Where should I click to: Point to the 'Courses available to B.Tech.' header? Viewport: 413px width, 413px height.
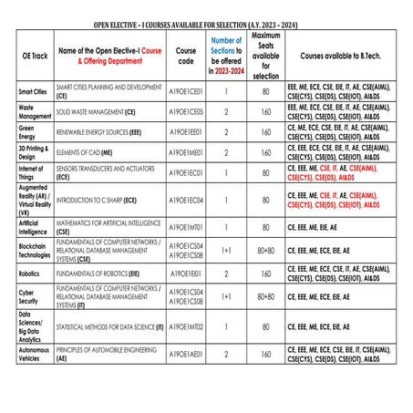tap(340, 56)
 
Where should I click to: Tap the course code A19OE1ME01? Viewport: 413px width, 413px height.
tap(185, 151)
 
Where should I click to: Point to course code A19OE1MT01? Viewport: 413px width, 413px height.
tap(185, 226)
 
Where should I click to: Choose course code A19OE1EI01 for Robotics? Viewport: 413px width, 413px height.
tap(185, 272)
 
